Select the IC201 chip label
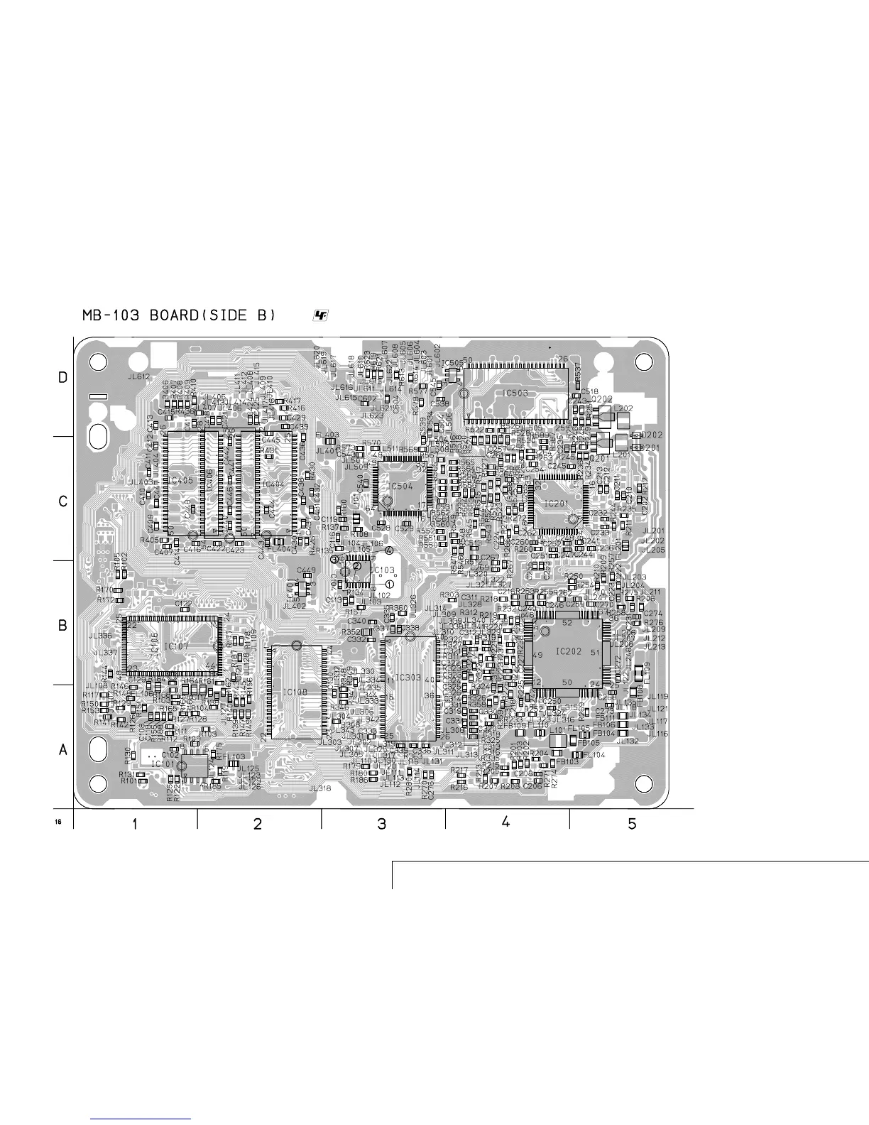click(x=557, y=503)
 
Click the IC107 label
click(x=177, y=646)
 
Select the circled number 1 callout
click(x=390, y=583)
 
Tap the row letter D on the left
click(x=63, y=379)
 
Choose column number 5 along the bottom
click(x=632, y=825)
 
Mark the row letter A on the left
click(x=63, y=750)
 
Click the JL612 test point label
click(x=139, y=376)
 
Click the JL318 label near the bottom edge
click(x=319, y=788)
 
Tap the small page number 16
click(x=58, y=822)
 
